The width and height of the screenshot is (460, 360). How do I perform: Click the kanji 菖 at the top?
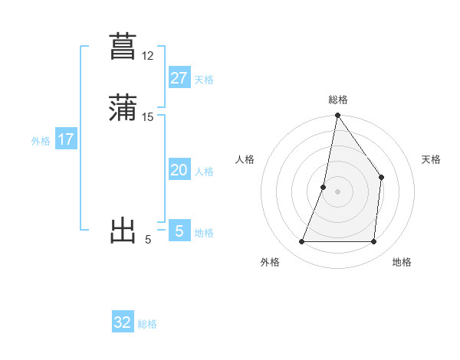123,45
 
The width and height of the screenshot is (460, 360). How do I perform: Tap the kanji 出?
123,230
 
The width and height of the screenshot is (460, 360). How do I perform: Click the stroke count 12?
148,56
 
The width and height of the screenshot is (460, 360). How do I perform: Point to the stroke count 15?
148,116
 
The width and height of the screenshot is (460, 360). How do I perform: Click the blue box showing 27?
179,78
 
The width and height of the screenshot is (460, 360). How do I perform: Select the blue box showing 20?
179,170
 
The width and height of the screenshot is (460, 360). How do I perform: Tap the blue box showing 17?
65,139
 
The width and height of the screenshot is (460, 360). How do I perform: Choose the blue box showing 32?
123,322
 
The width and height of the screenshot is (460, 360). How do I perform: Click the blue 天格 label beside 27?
204,80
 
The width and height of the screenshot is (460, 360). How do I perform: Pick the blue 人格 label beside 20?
204,172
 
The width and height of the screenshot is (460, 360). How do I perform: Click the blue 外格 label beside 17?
41,141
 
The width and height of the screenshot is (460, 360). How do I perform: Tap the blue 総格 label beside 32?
147,324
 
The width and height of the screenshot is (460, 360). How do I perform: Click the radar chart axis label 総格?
337,100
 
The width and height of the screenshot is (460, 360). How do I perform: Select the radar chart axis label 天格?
431,159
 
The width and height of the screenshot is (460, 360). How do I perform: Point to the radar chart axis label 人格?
245,159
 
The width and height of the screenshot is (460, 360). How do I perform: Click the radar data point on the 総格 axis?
337,116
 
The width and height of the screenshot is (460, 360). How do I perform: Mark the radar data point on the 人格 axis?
324,186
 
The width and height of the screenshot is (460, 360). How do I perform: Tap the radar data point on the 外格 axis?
301,242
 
